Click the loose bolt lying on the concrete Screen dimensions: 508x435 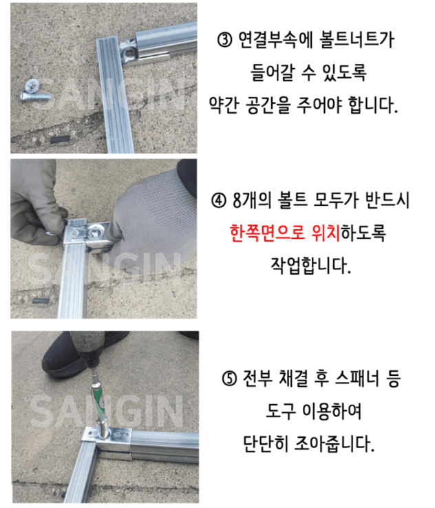point(32,92)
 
